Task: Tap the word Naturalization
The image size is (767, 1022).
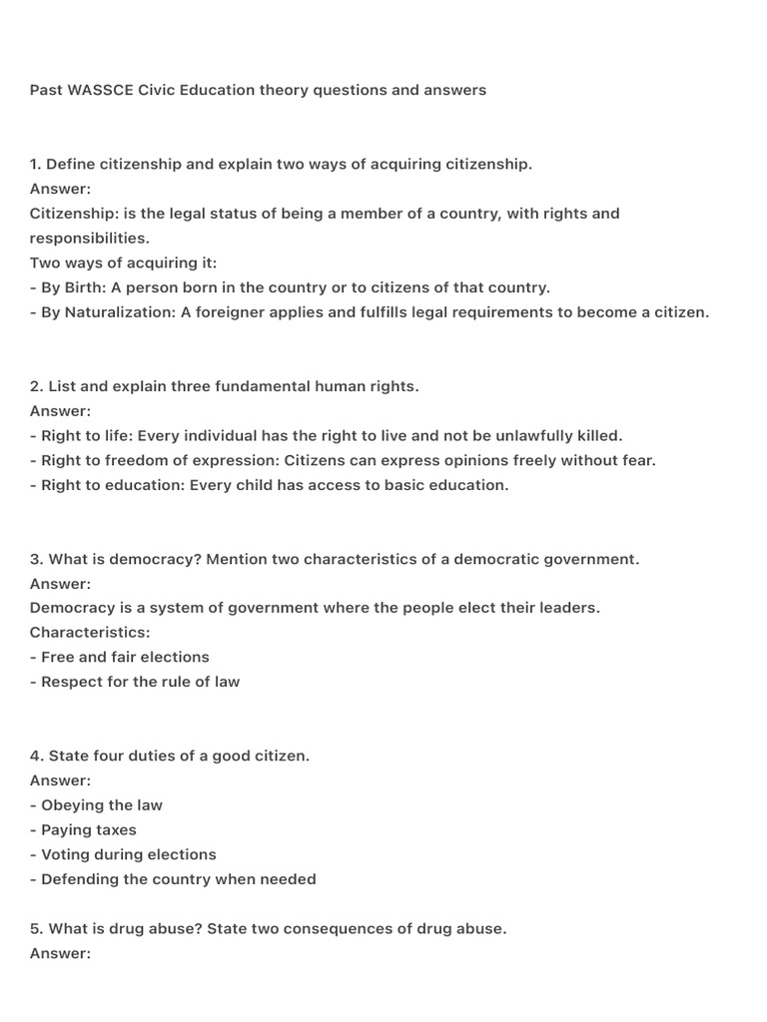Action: point(118,312)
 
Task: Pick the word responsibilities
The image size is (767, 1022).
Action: point(88,239)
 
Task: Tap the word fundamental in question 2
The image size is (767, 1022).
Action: point(257,386)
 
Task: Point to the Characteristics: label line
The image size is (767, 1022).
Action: point(90,633)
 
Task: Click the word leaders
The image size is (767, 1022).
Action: point(570,608)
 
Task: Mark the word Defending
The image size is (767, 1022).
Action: point(79,879)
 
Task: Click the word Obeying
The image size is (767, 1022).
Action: point(72,805)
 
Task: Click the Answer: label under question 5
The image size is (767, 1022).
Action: point(60,953)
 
